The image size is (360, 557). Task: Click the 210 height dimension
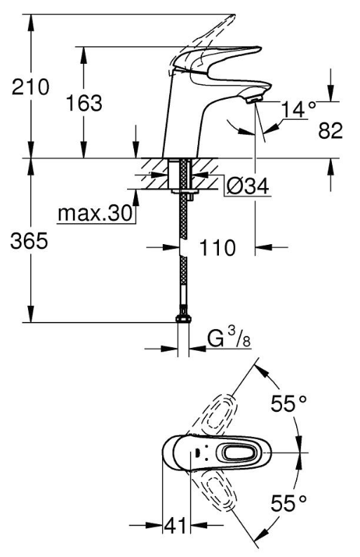tap(30, 88)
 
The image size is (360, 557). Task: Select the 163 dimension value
tap(84, 103)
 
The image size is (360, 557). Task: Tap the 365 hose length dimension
tap(29, 241)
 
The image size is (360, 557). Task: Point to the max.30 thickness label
tap(95, 213)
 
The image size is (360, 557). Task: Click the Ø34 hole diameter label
tap(248, 185)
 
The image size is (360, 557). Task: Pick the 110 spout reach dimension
tap(217, 247)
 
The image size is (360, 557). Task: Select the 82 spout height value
tap(331, 130)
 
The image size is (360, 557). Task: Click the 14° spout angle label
tap(298, 109)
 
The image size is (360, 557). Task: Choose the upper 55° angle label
tap(288, 403)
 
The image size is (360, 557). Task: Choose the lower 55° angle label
tap(288, 503)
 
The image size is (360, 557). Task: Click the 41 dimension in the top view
tap(175, 525)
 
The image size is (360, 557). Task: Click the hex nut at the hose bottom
tap(183, 318)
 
